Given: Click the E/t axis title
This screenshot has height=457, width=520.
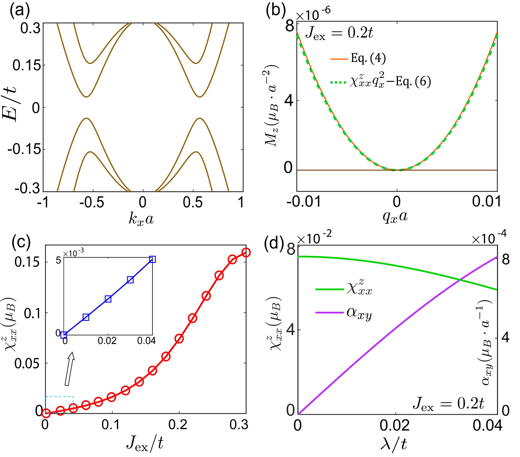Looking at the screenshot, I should [11, 104].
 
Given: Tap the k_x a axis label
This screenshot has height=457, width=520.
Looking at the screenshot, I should [141, 218].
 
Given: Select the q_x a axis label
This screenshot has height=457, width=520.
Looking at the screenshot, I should [395, 217].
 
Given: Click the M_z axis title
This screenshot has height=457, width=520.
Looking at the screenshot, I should [270, 106].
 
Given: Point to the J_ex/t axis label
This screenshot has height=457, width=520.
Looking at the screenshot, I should [146, 443].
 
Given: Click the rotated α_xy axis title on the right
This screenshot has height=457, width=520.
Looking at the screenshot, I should [484, 342].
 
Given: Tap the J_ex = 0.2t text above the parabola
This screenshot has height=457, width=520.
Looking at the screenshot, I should [339, 33].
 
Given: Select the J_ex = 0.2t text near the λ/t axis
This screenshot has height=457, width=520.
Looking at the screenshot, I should [449, 403].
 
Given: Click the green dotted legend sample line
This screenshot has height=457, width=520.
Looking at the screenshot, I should [339, 82].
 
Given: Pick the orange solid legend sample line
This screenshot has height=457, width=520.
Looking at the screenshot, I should [339, 59].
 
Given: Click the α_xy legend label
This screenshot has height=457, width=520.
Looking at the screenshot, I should [359, 314].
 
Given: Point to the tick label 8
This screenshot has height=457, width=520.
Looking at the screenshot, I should [291, 249].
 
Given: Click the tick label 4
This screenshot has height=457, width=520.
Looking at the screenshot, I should [291, 330].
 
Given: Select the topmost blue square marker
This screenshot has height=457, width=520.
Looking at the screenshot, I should [152, 259].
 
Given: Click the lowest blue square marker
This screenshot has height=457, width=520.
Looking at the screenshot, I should [64, 335].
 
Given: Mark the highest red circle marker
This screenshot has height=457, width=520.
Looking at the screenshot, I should [246, 252].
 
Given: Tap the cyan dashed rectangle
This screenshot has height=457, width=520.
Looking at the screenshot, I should [59, 397].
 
